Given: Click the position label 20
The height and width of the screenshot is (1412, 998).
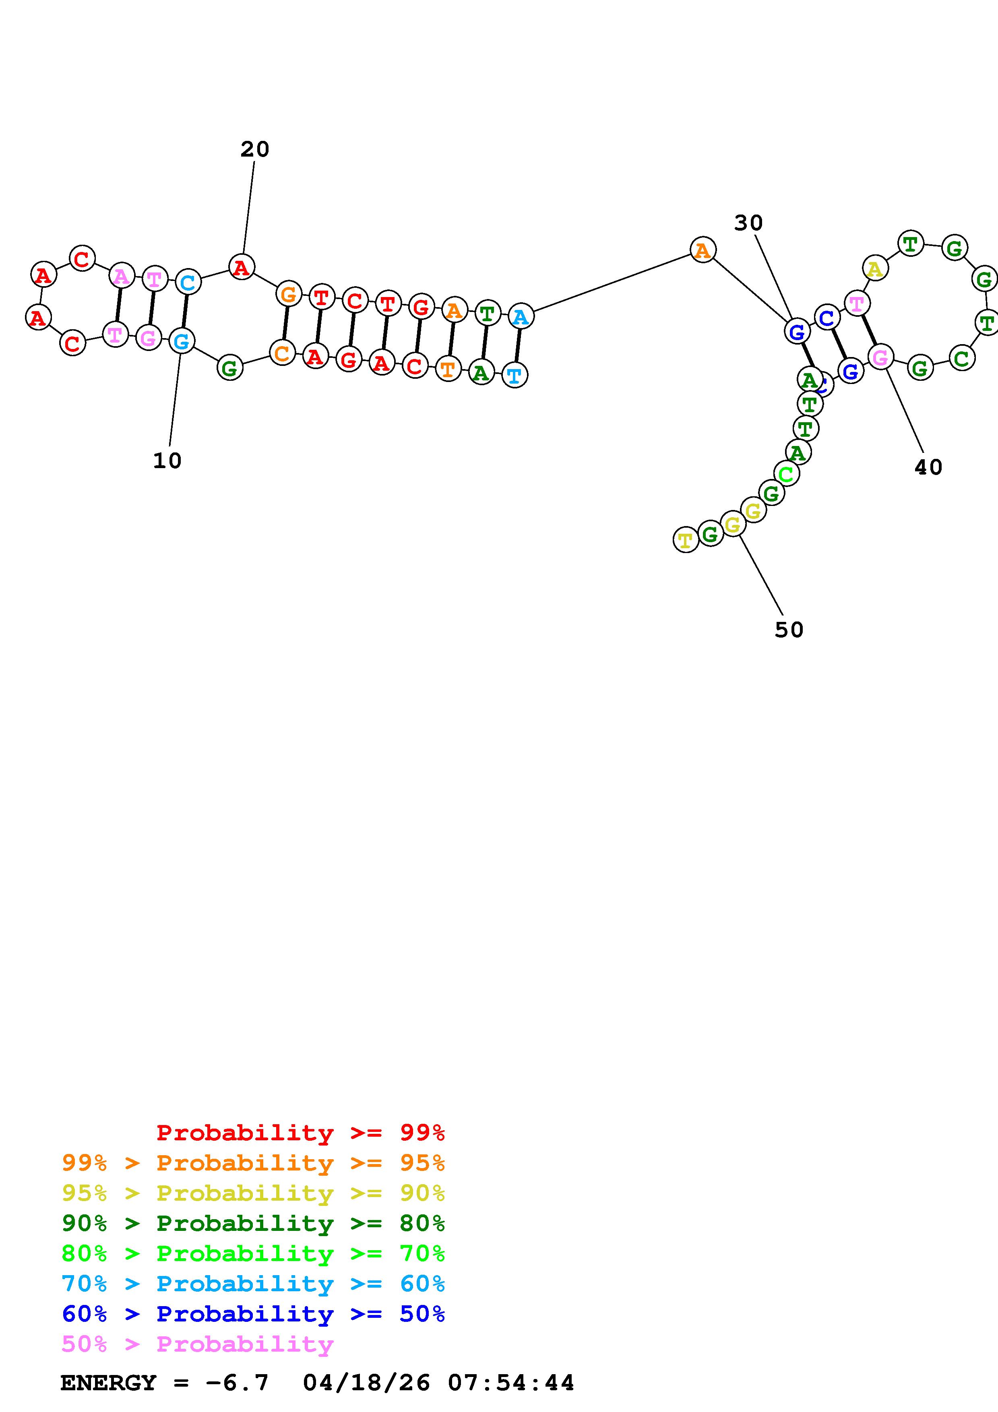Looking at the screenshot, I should coord(254,149).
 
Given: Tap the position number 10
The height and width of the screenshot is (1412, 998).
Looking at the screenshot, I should coord(167,460).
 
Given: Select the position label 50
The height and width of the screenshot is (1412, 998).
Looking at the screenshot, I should coord(789,630).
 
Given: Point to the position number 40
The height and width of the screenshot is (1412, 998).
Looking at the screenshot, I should coord(928,467).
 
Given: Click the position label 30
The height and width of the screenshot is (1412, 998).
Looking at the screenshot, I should coord(748,223).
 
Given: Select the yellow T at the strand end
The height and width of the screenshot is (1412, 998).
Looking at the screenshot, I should coord(686,540).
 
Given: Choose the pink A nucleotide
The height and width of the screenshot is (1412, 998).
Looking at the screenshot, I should coord(122,276).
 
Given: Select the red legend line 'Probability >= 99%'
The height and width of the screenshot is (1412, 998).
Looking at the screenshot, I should coord(300,1133).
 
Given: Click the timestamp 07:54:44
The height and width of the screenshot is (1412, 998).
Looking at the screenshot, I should coord(510,1383).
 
